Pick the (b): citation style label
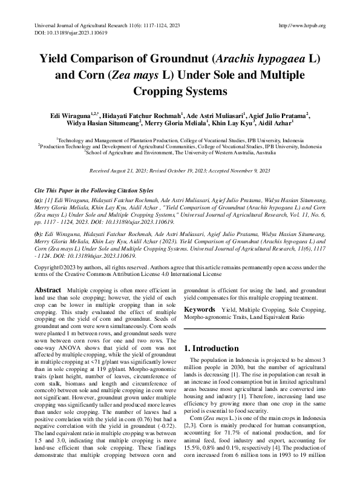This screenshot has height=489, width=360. [x=40, y=249]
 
